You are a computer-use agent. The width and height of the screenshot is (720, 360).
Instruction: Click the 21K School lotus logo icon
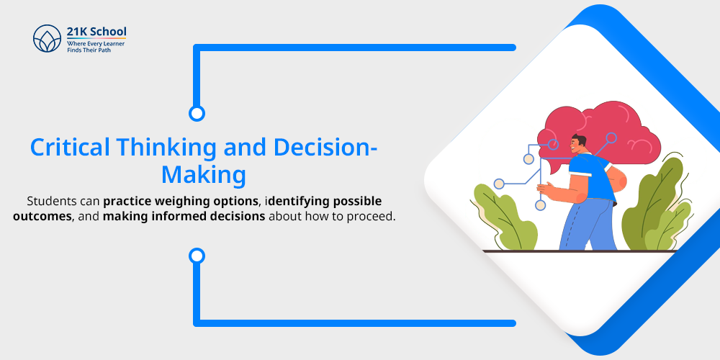pos(47,39)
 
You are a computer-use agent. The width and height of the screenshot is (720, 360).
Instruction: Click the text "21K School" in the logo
pos(96,32)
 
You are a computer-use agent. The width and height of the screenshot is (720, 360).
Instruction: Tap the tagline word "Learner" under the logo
pos(114,43)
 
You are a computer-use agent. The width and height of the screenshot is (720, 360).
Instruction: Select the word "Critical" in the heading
pos(70,148)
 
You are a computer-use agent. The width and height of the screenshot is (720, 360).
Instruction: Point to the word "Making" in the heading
pos(204,176)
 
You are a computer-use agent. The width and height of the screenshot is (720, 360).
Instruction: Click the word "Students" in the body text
pos(49,202)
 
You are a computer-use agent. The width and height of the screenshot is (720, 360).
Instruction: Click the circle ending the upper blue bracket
pos(197,114)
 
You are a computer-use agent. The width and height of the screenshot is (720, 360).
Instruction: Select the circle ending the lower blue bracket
pos(197,256)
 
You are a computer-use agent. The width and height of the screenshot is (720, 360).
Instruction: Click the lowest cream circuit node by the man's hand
pos(541,205)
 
